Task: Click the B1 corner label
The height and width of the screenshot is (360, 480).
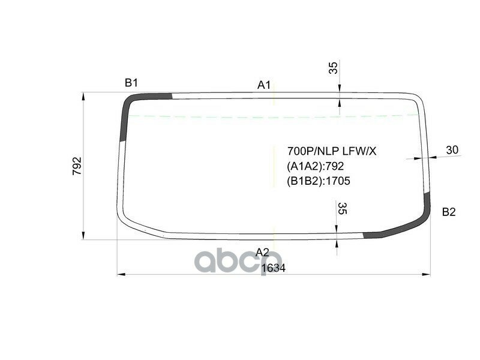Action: [x=131, y=83]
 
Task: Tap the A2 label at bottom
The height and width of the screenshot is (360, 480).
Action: [x=262, y=251]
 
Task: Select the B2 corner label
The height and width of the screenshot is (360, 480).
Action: [x=449, y=212]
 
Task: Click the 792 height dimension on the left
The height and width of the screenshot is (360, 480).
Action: [x=77, y=166]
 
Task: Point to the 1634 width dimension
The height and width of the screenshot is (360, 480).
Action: [x=273, y=268]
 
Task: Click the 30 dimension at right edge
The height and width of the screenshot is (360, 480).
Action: [x=452, y=150]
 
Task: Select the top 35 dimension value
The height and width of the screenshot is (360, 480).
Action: [x=334, y=68]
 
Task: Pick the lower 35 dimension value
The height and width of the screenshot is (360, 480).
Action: [x=342, y=209]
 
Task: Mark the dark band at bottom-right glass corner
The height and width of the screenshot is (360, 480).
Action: [x=414, y=222]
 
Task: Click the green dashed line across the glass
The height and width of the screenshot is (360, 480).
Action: [x=240, y=115]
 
